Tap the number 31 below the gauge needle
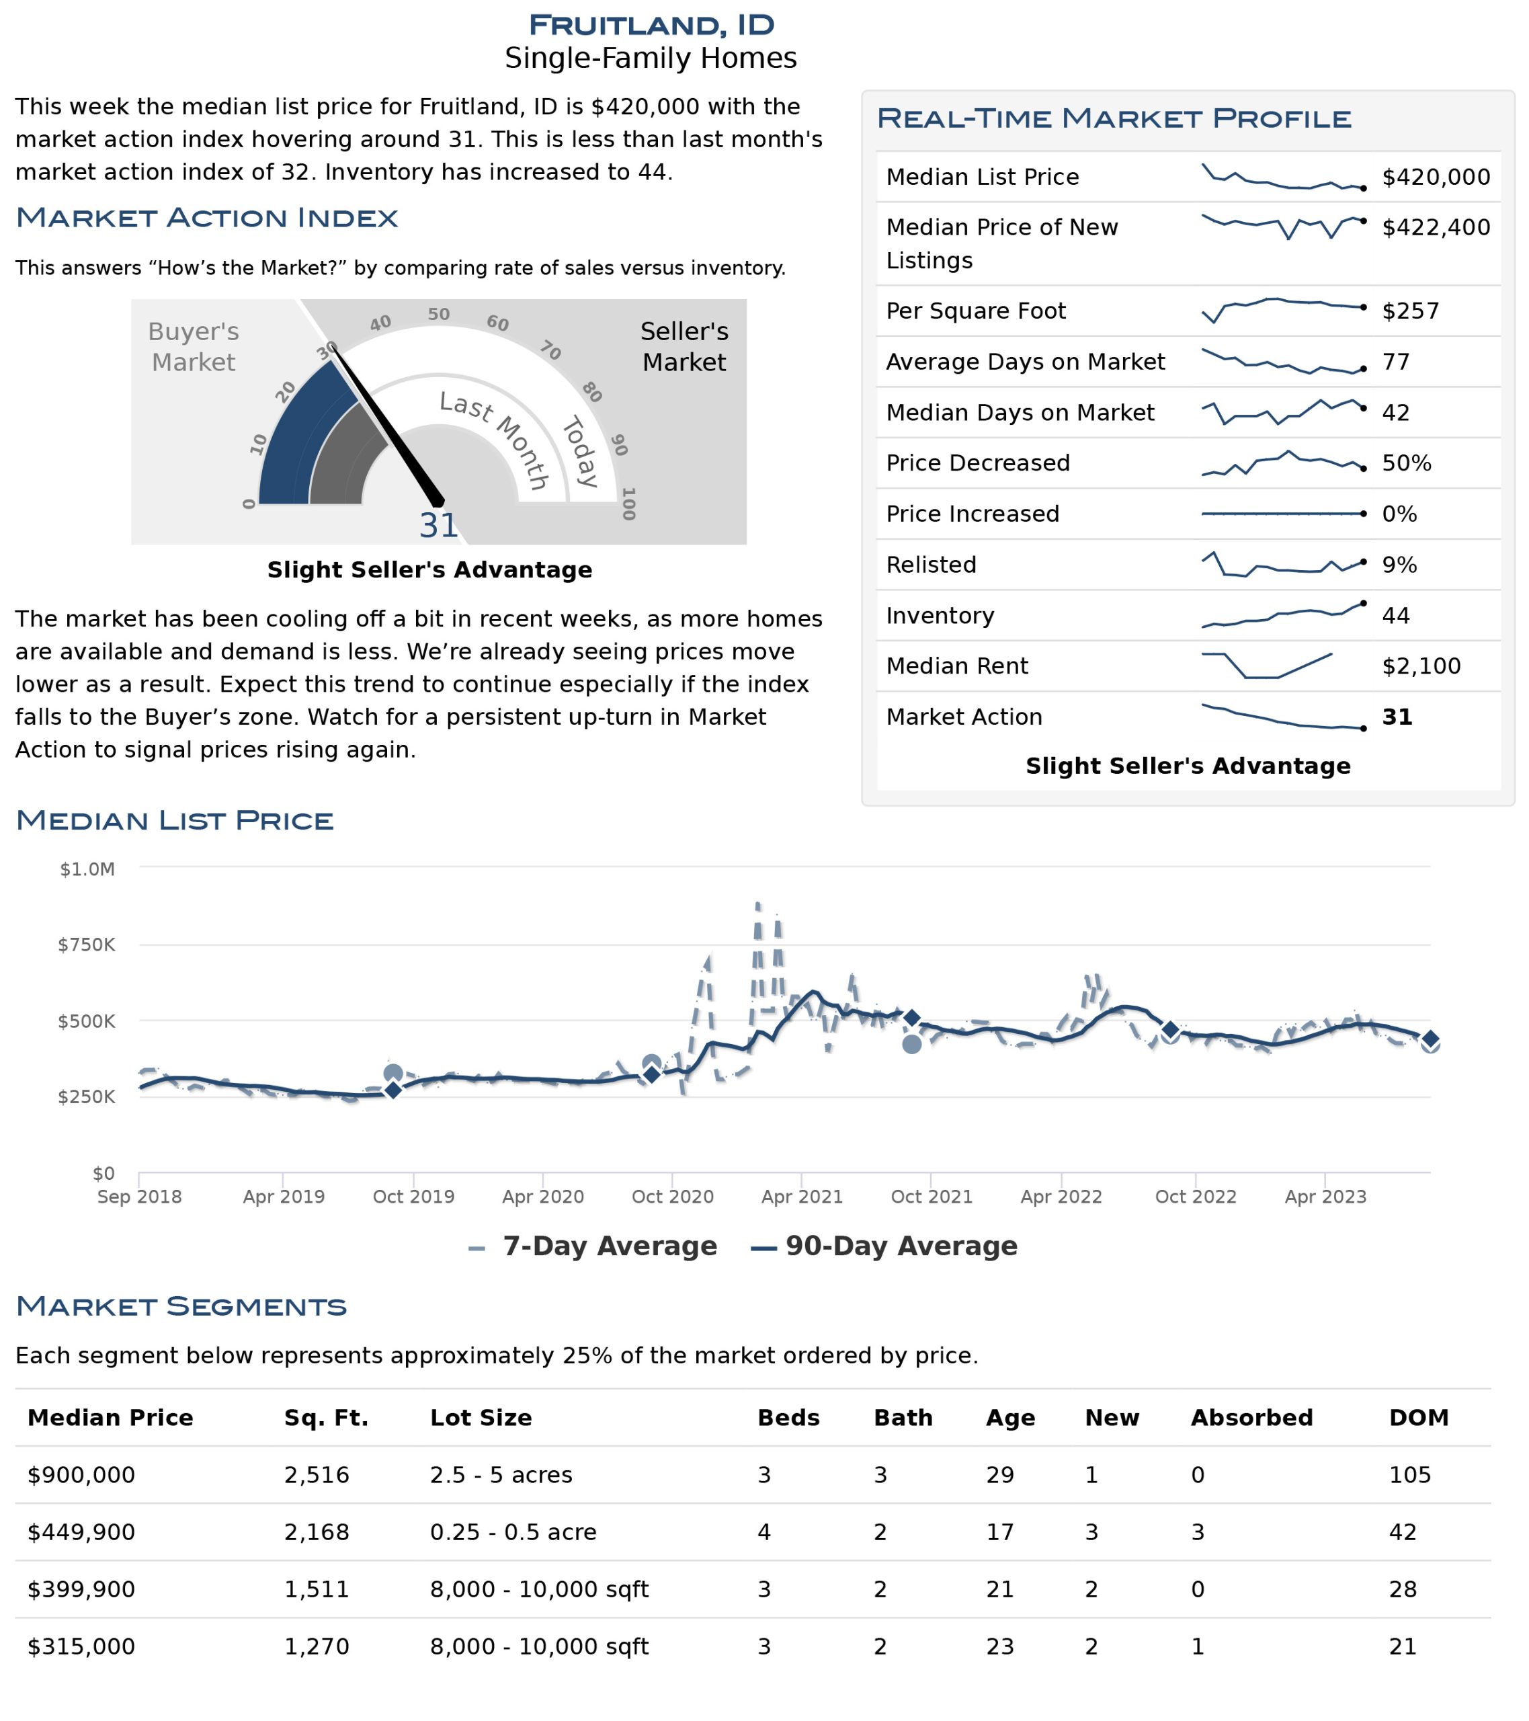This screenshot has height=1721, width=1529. click(x=439, y=526)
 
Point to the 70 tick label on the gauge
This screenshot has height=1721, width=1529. click(x=550, y=350)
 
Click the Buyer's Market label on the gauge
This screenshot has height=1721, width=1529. click(x=194, y=347)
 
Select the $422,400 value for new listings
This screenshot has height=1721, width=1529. click(x=1436, y=227)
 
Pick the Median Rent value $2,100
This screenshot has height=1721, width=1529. click(x=1421, y=667)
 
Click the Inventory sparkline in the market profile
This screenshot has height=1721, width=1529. click(x=1283, y=616)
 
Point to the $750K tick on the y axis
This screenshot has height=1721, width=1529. click(x=87, y=945)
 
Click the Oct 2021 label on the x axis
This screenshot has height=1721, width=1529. click(x=932, y=1197)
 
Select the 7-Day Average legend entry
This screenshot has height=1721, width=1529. click(x=593, y=1247)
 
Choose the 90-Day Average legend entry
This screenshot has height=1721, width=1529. click(x=884, y=1247)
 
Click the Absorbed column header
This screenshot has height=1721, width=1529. click(x=1252, y=1418)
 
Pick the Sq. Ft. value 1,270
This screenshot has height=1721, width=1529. click(x=317, y=1648)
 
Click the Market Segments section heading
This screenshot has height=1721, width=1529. click(x=181, y=1307)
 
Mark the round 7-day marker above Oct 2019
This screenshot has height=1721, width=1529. click(x=392, y=1074)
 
